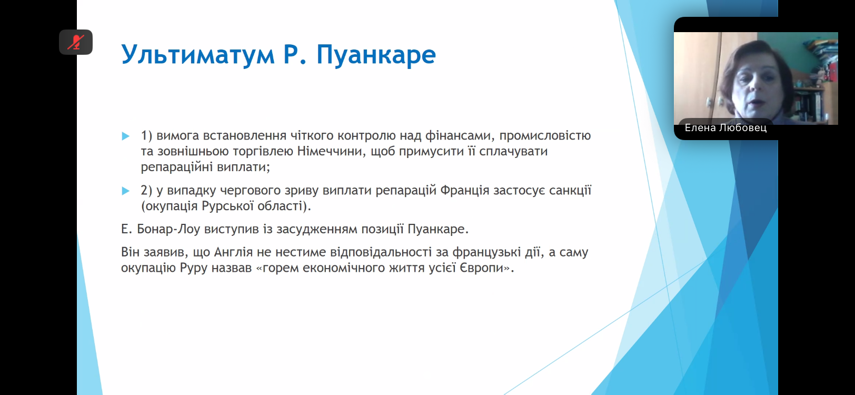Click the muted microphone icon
(x=76, y=42)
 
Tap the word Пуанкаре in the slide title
(x=376, y=54)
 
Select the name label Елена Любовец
(x=725, y=127)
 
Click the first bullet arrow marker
(x=126, y=136)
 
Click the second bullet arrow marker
(x=126, y=191)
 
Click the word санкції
(x=570, y=190)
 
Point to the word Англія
(x=233, y=252)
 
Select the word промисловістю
(x=545, y=135)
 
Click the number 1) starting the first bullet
(x=146, y=135)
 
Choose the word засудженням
(x=319, y=229)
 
